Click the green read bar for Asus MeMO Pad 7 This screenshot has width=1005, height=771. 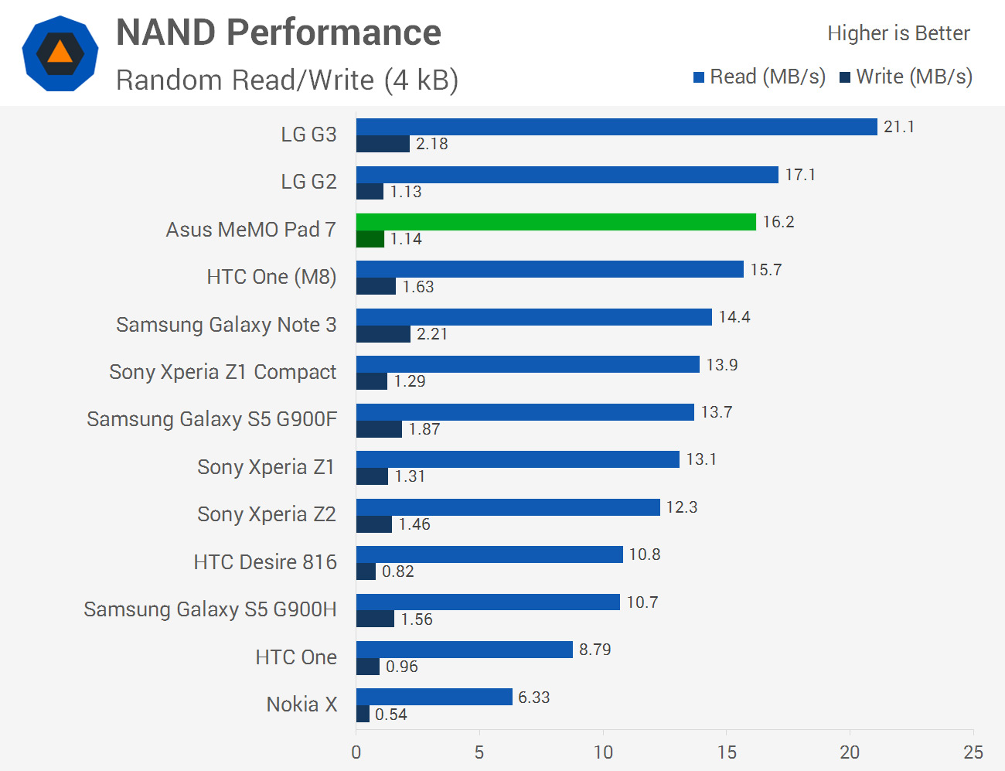coord(556,222)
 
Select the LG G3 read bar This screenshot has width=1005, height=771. coord(616,127)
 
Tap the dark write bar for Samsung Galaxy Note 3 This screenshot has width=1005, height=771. coord(383,334)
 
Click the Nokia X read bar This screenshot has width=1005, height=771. coord(434,697)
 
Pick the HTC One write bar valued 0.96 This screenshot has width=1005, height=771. coord(368,667)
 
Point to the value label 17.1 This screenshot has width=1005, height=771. coord(800,175)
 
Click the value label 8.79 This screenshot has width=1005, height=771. coord(594,650)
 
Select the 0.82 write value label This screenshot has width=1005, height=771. coord(398,571)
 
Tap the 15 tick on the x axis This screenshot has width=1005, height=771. coord(727,752)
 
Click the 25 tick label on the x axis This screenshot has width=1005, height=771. coord(973,752)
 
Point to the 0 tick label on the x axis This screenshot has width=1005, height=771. coord(356,752)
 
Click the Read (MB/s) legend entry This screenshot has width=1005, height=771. coord(759,77)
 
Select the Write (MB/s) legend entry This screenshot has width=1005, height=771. coord(906,77)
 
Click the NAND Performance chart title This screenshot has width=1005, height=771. coord(278,32)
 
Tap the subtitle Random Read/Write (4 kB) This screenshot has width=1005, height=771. coord(287,80)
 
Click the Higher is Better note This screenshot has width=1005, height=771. coord(898,33)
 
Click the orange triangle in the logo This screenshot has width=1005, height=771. coord(60,53)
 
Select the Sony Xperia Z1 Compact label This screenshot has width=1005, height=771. coord(223,372)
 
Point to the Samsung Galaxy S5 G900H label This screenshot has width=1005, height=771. coord(210,609)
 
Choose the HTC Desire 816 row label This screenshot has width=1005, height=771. coord(265,562)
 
